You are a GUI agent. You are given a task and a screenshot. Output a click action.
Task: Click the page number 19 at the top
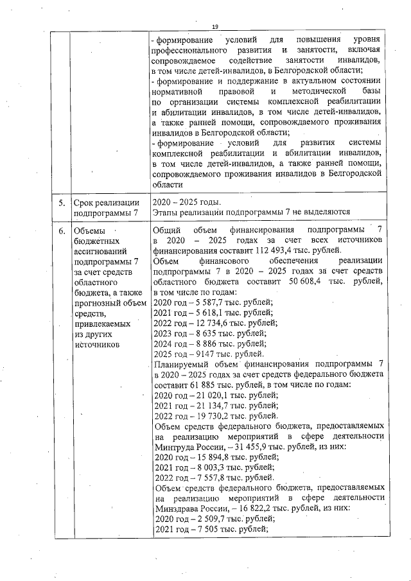point(216,26)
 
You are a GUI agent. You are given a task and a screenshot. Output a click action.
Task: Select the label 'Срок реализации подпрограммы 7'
point(106,208)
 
